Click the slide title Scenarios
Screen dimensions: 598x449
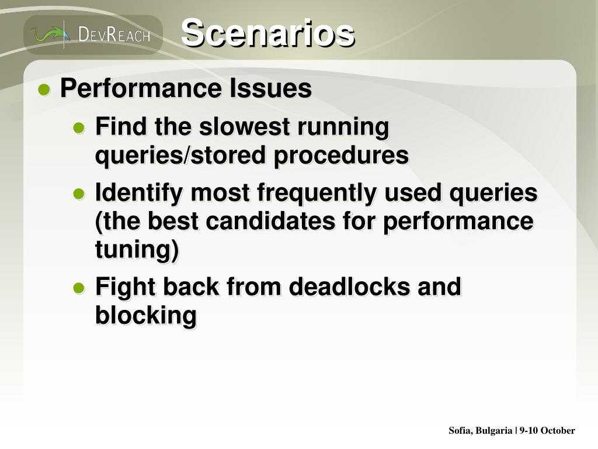tap(267, 33)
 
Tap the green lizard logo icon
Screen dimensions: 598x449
tap(50, 34)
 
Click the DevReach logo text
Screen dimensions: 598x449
tap(114, 34)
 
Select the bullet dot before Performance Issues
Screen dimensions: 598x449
tap(44, 90)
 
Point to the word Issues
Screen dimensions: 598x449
tap(271, 88)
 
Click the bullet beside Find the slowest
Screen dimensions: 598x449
tap(79, 127)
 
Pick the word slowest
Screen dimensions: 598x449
tap(245, 126)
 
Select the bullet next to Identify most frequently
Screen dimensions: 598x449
tap(79, 194)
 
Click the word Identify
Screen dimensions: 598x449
tap(139, 193)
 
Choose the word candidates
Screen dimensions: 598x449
tap(270, 220)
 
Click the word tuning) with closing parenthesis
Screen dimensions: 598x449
tap(137, 250)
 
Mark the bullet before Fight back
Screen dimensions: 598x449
tap(79, 288)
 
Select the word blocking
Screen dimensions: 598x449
tap(146, 316)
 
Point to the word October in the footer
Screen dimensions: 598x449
tap(558, 431)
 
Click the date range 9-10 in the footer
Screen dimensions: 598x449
tap(529, 431)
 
